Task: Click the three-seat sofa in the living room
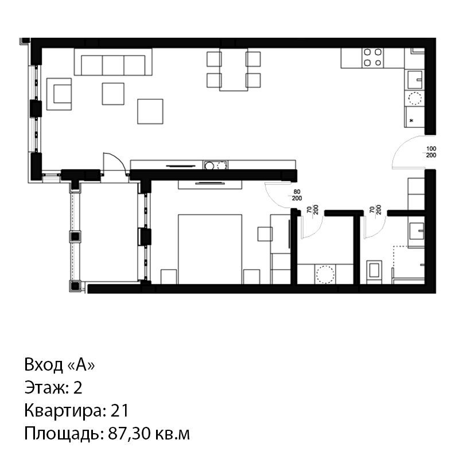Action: point(113,62)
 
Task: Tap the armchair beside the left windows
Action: point(59,94)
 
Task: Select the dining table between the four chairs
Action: point(234,69)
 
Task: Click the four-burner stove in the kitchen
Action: point(372,58)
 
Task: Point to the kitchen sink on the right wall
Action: point(415,80)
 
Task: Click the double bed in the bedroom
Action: point(210,249)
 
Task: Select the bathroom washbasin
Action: point(417,231)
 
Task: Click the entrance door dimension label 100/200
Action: point(431,152)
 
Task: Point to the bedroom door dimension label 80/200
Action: point(297,195)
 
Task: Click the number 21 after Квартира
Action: point(119,410)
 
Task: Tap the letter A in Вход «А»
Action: point(81,365)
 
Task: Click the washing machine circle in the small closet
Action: point(325,274)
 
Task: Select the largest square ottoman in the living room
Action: point(150,111)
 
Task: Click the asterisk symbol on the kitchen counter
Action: point(411,120)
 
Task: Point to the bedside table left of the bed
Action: point(169,277)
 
